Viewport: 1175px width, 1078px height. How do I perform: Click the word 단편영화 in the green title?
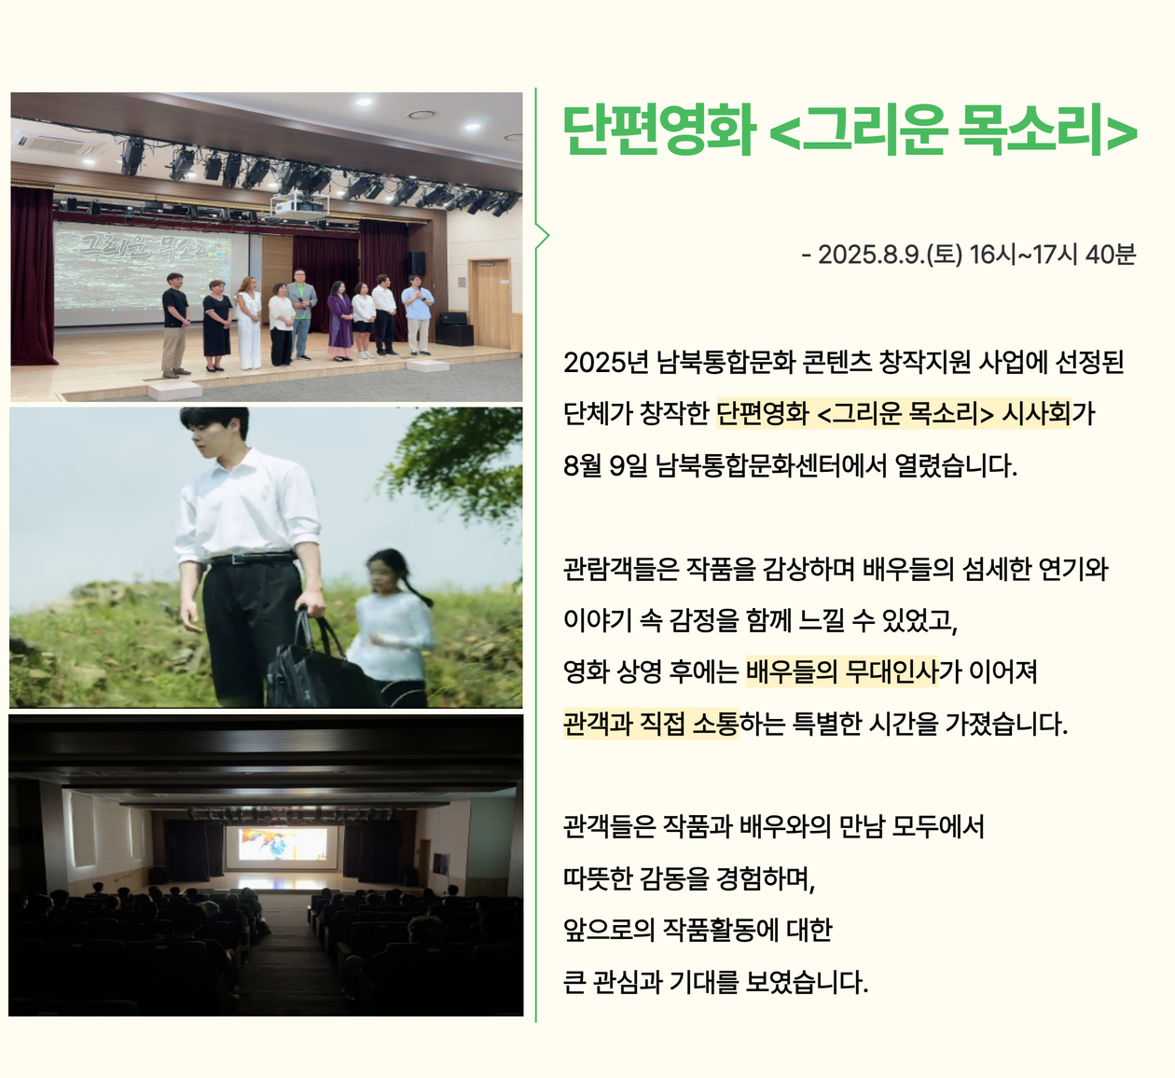(659, 130)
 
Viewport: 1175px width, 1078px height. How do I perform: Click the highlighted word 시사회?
(1036, 414)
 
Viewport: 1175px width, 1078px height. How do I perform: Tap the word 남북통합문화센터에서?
(771, 465)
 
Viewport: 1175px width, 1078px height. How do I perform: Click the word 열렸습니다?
(956, 465)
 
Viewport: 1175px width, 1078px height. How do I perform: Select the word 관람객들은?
(621, 569)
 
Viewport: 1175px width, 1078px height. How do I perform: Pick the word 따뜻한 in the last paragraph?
(598, 878)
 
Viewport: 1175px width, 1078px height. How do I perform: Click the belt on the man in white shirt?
(253, 559)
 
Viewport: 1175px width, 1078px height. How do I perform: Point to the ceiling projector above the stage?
(298, 204)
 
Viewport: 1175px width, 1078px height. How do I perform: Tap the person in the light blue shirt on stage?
(418, 314)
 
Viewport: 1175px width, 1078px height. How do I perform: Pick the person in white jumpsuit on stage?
(248, 324)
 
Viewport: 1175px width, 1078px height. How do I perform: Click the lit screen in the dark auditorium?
(283, 844)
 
